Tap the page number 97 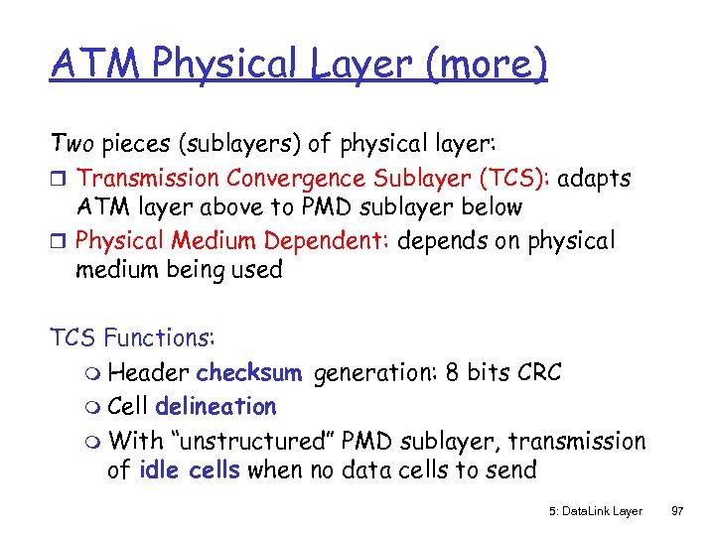(x=678, y=510)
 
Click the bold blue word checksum (x=248, y=373)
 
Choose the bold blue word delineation (x=215, y=406)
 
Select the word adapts (x=594, y=179)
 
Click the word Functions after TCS (x=158, y=337)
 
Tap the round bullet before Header (x=94, y=375)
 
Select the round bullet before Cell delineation (x=94, y=408)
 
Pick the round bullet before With (x=94, y=441)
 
